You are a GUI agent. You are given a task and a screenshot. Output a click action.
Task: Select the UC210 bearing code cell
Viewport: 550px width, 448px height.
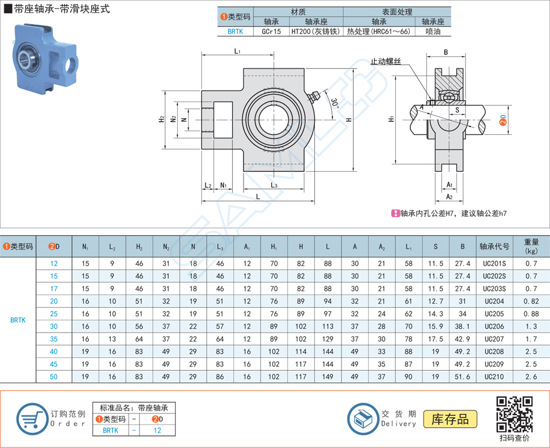pyautogui.click(x=493, y=377)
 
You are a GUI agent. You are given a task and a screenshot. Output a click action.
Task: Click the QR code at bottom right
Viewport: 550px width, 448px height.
pyautogui.click(x=514, y=414)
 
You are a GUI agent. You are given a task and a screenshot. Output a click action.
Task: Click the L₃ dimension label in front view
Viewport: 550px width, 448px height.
pyautogui.click(x=274, y=185)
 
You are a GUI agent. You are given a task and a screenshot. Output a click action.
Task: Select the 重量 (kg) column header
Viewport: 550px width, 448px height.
pyautogui.click(x=531, y=246)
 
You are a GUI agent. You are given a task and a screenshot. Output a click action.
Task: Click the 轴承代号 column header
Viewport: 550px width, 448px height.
pyautogui.click(x=493, y=246)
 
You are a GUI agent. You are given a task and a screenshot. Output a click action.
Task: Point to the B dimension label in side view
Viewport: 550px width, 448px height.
pyautogui.click(x=445, y=53)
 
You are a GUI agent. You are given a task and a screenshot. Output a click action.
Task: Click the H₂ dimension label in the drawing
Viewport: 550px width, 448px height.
pyautogui.click(x=161, y=120)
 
